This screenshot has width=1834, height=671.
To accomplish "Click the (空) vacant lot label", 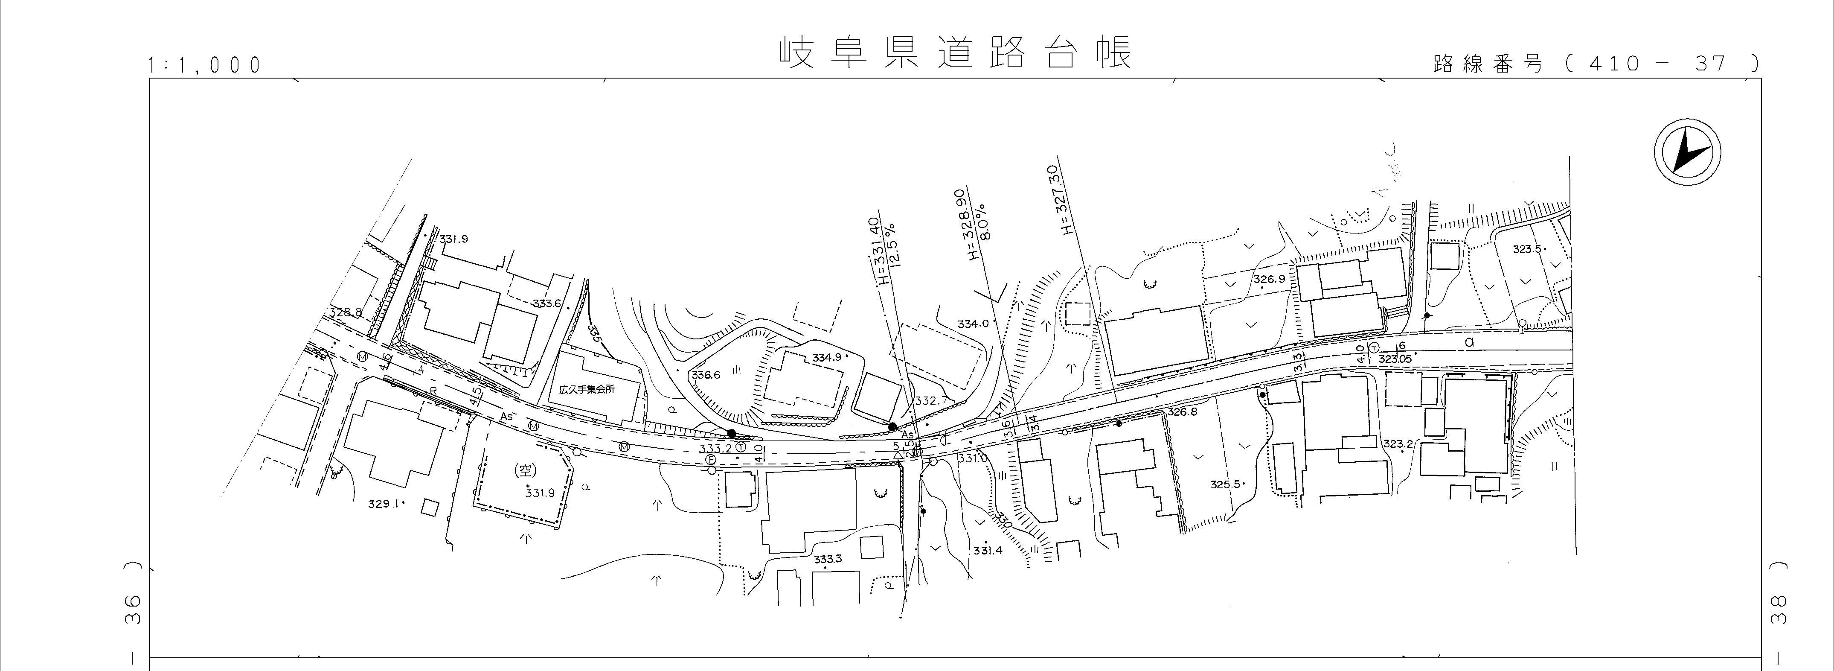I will (x=523, y=471).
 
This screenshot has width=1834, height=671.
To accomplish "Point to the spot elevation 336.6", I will (x=706, y=375).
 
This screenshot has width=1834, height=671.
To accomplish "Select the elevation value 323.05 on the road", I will (x=1394, y=359).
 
